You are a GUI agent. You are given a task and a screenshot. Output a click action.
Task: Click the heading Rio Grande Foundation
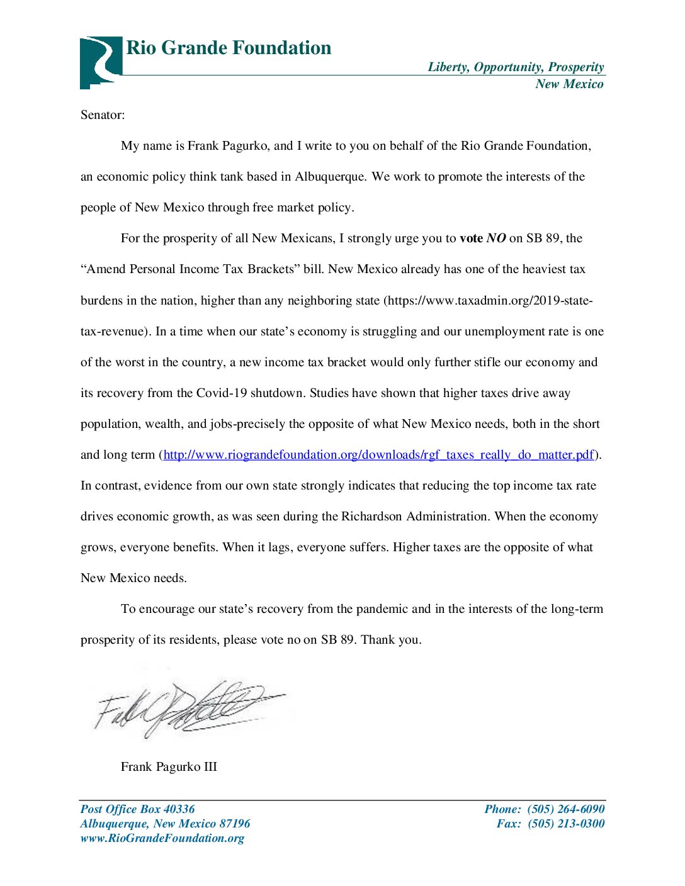(229, 48)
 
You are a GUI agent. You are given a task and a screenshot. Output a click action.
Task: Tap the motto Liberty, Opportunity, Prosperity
(516, 67)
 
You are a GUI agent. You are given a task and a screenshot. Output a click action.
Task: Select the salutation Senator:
(103, 115)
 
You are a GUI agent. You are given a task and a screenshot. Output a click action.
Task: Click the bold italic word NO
(496, 238)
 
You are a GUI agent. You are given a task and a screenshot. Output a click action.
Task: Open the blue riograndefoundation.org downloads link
(378, 455)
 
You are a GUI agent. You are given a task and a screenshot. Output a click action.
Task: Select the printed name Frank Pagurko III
(169, 767)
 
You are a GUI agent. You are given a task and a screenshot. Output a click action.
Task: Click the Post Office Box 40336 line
(137, 809)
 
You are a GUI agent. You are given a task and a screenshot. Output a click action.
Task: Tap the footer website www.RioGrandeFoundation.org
(162, 838)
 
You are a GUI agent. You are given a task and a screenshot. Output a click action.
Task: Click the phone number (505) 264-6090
(565, 809)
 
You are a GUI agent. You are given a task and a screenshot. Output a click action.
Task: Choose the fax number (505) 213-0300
(565, 824)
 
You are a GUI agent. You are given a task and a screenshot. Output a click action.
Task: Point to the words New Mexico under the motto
(569, 84)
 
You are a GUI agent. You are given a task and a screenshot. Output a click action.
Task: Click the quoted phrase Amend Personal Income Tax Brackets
(190, 269)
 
